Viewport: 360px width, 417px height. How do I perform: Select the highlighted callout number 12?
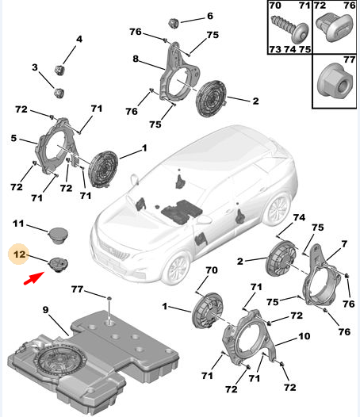point(20,256)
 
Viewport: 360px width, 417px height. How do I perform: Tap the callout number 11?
point(20,226)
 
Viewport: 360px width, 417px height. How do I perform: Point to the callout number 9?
point(46,309)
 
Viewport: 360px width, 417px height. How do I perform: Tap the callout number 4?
point(79,39)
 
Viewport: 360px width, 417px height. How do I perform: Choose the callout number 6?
point(210,16)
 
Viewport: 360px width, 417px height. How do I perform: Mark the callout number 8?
point(136,59)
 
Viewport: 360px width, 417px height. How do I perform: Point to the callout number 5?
point(13,139)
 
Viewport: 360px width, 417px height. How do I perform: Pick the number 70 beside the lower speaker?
point(211,271)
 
